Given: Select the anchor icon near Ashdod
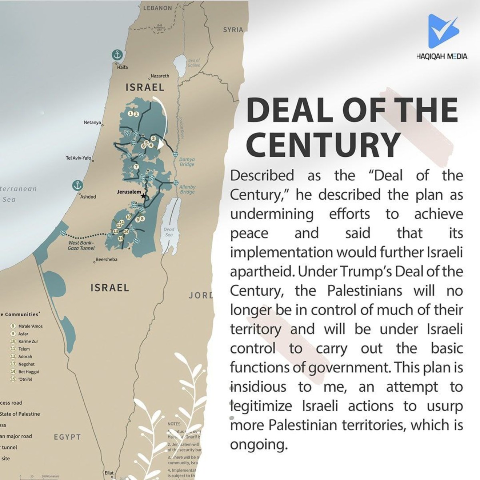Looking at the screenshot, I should click(x=78, y=185).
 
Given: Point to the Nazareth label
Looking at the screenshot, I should click(x=160, y=76).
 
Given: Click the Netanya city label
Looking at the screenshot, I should click(x=92, y=122).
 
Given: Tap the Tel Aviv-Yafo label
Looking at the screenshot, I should click(x=78, y=158).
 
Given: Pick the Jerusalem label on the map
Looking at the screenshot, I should click(x=129, y=192).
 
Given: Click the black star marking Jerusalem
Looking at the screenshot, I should click(x=144, y=196).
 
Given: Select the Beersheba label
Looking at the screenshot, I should click(x=106, y=260).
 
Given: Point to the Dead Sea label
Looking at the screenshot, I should click(x=169, y=232).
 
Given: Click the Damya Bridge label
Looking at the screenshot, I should click(x=187, y=162).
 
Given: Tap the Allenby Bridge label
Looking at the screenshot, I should click(x=187, y=189).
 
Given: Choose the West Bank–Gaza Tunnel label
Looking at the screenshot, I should click(x=81, y=245).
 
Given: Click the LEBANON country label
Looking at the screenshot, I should click(x=157, y=8).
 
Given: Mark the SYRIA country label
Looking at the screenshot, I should click(x=233, y=30).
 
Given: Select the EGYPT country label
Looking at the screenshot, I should click(x=67, y=437).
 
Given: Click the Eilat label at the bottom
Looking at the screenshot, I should click(x=109, y=473).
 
